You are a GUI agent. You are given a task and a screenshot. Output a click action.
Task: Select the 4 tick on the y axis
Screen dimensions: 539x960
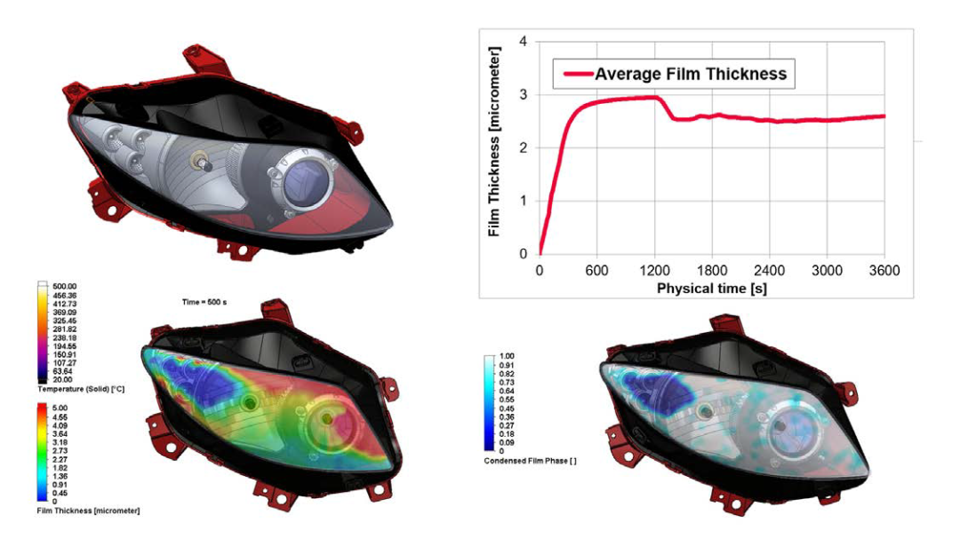(x=524, y=41)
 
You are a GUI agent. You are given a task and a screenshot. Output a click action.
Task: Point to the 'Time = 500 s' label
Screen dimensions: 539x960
(x=204, y=303)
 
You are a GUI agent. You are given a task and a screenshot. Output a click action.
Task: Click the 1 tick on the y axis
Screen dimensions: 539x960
(x=524, y=201)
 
